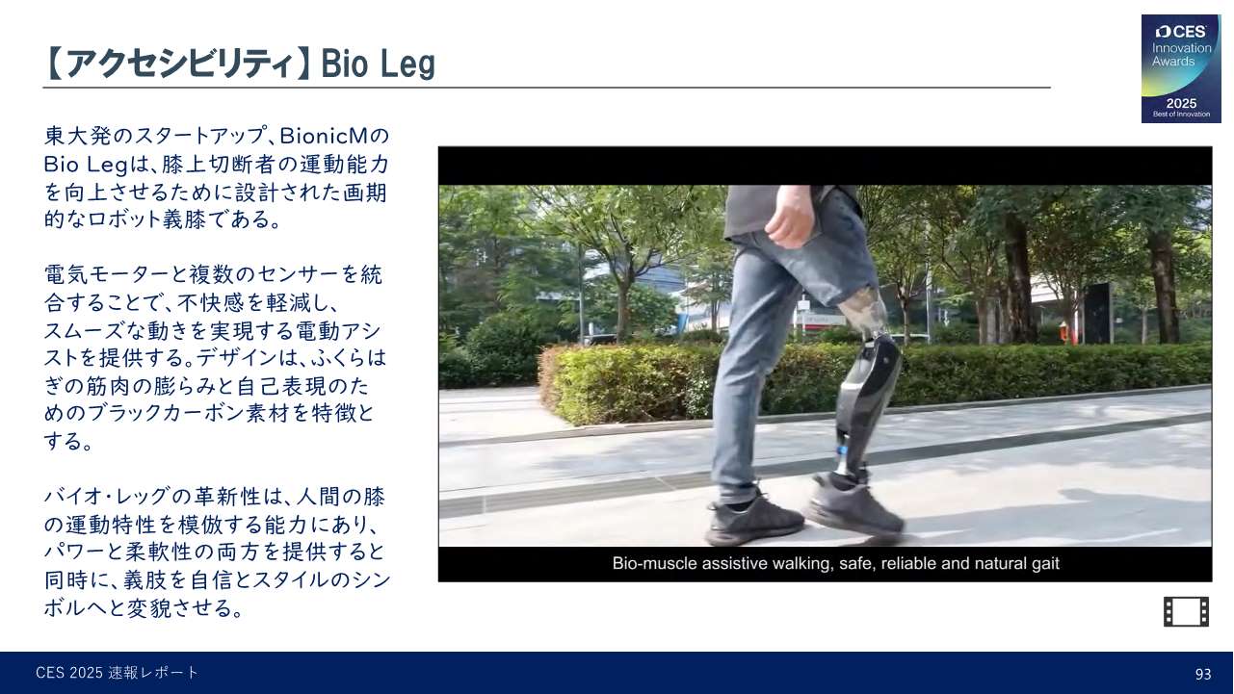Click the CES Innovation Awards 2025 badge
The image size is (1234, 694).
[1181, 68]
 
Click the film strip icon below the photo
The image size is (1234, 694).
[1186, 611]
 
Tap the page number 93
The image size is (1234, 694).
[1203, 674]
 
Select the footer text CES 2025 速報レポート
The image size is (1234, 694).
[118, 673]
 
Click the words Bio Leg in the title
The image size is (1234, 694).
[378, 64]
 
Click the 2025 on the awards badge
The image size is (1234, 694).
[1181, 103]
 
